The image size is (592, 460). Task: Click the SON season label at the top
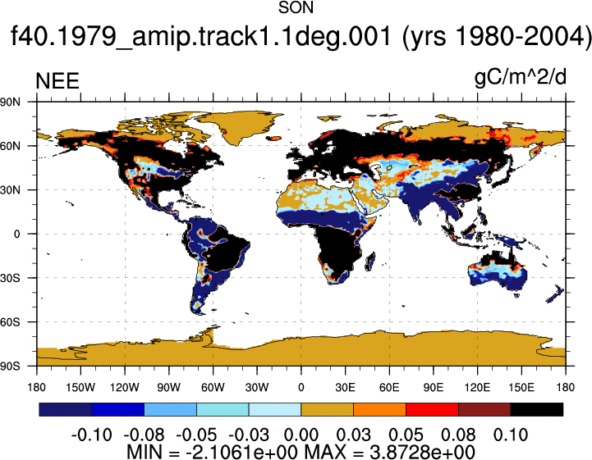(x=296, y=7)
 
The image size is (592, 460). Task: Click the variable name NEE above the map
(x=57, y=81)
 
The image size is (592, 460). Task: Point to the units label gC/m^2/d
(x=521, y=78)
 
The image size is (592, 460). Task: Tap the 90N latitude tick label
(x=10, y=102)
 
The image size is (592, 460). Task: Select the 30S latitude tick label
(x=10, y=278)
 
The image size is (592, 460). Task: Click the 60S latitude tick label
(x=10, y=322)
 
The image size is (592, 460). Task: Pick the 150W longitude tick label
(x=80, y=387)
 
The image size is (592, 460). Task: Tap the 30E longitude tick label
(x=345, y=387)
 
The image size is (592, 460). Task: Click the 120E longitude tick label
(x=477, y=387)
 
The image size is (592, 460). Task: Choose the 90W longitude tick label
(x=169, y=387)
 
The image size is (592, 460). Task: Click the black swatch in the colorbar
(x=537, y=409)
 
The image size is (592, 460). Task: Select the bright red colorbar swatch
(x=432, y=409)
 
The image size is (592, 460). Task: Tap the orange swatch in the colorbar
(x=379, y=409)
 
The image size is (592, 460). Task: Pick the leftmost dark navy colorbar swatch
(x=66, y=409)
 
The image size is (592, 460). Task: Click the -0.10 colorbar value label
(x=91, y=435)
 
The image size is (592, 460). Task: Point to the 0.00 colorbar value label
(x=301, y=435)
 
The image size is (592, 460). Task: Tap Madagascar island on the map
(x=370, y=262)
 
